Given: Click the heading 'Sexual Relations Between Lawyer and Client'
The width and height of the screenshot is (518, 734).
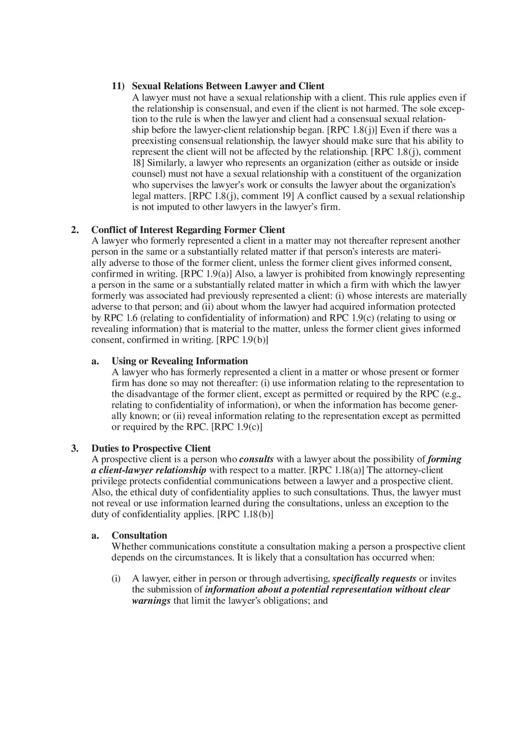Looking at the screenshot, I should (x=228, y=86).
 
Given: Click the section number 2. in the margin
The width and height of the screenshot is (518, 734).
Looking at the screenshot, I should (x=75, y=230).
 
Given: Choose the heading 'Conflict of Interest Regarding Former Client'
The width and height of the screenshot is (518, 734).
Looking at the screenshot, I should (x=188, y=230).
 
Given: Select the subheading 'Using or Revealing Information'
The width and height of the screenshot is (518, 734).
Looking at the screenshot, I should (x=180, y=361).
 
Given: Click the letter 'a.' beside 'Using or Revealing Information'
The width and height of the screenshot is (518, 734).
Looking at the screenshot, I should (x=95, y=361).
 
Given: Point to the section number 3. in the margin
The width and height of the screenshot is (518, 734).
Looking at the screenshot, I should (x=75, y=448).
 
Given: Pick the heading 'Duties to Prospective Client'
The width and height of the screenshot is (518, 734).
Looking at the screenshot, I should (x=151, y=448).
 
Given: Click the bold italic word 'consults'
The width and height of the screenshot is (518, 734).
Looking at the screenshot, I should (x=256, y=459).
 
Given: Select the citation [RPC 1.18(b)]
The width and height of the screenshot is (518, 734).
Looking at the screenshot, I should (x=245, y=514).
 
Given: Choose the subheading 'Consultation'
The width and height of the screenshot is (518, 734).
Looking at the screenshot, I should (x=140, y=535).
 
